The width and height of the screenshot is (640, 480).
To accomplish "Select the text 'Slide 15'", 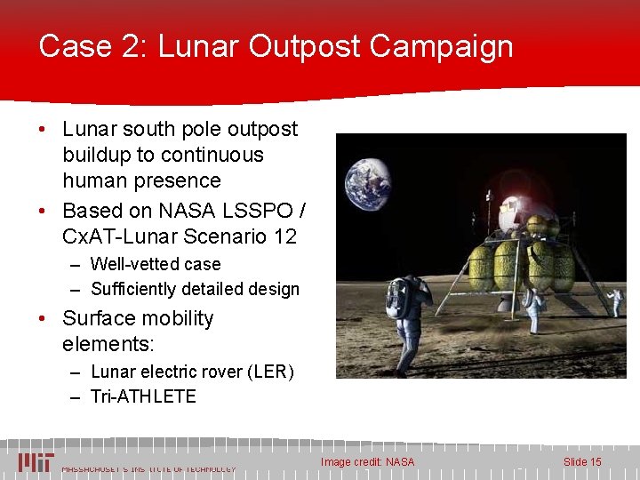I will pyautogui.click(x=582, y=461).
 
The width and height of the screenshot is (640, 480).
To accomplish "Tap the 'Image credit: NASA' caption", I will pyautogui.click(x=367, y=461).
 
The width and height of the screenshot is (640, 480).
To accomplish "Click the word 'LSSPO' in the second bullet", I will pyautogui.click(x=260, y=212).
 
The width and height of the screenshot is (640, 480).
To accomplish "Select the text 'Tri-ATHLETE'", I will pyautogui.click(x=143, y=396).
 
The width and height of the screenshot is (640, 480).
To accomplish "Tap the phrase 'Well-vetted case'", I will pyautogui.click(x=156, y=264).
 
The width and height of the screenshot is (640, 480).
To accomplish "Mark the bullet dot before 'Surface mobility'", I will pyautogui.click(x=44, y=319).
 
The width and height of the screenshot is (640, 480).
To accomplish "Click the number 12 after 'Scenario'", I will pyautogui.click(x=284, y=237).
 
